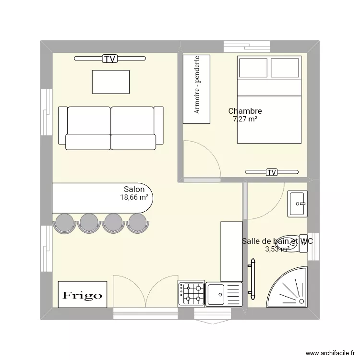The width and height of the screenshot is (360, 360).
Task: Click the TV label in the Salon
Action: pos(110,59)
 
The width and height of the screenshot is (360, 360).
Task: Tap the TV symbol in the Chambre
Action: pos(272,172)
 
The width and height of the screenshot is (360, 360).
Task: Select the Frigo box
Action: pos(83,295)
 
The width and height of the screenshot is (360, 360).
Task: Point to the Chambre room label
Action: pos(245,111)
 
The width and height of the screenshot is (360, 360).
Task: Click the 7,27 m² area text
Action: pos(245,120)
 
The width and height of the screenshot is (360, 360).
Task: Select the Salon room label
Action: pos(134,190)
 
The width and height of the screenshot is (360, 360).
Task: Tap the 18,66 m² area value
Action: pos(134,197)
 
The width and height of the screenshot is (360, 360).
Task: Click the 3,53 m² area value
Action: pos(277,249)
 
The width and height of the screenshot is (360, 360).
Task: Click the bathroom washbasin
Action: pos(297,204)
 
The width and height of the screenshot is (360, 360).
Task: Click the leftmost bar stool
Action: pos(64,223)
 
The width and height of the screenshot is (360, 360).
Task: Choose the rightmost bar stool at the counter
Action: pos(138,223)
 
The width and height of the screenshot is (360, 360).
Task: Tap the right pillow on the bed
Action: pos(285,68)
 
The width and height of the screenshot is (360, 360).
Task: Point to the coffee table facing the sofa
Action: pos(111,82)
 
